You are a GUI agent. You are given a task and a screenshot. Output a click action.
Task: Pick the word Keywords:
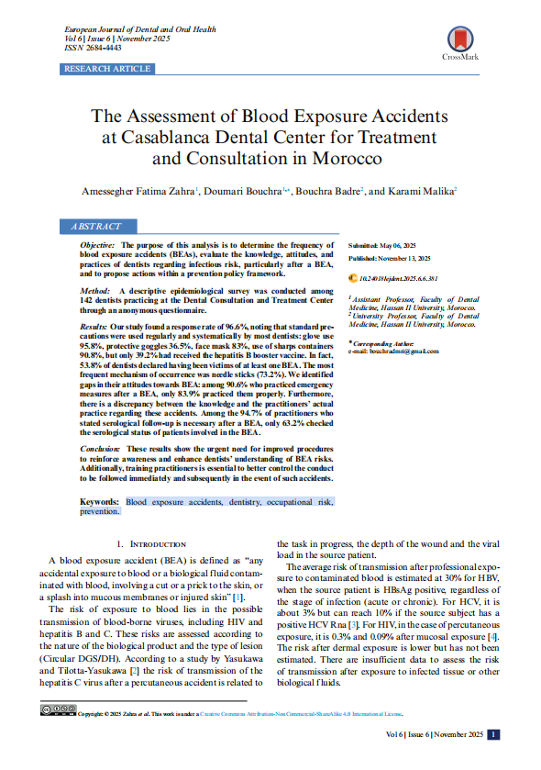100,503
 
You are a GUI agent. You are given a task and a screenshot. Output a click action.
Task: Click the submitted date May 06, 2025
396,246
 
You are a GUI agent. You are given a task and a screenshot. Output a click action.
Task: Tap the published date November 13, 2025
407,258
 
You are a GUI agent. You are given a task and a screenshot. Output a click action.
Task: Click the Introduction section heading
159,544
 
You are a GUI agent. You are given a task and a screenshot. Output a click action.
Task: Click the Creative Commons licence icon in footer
58,710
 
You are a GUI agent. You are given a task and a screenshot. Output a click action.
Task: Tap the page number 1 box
493,735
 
